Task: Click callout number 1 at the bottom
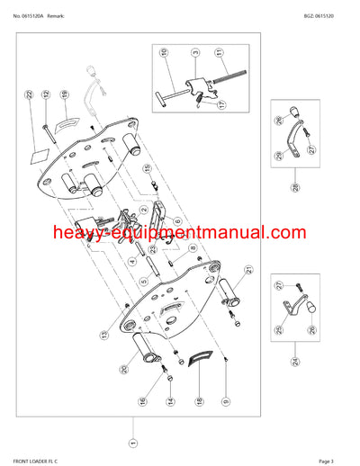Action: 133,443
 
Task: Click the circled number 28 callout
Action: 294,187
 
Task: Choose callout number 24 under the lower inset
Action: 294,364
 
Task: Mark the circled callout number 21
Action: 248,270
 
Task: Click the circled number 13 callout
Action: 104,335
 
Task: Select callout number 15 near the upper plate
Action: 147,169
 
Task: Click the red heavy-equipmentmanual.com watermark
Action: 180,234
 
